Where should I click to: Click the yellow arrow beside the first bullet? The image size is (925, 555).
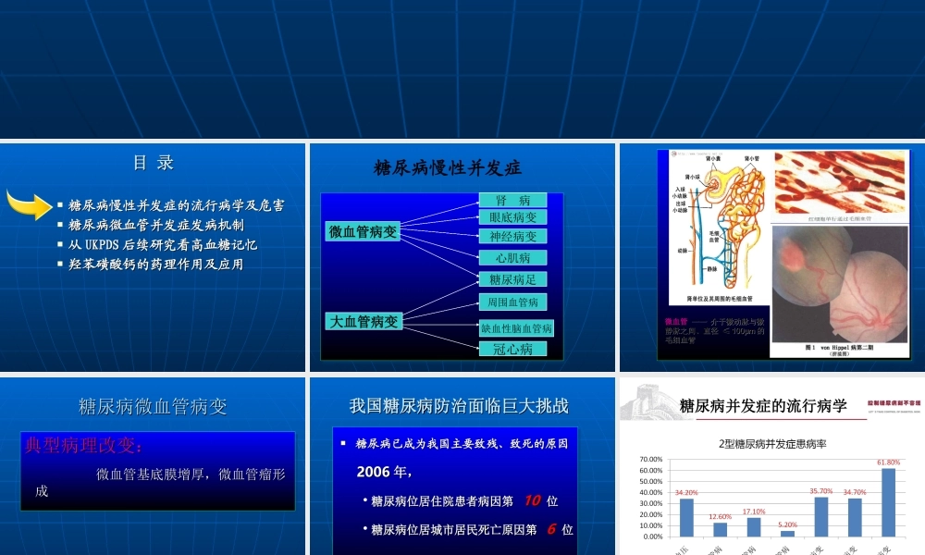pos(28,203)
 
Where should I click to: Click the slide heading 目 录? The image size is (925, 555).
pos(154,164)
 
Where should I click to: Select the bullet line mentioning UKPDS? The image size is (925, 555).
pos(162,244)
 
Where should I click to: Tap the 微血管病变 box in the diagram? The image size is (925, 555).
pos(364,232)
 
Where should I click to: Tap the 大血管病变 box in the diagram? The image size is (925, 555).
pos(364,322)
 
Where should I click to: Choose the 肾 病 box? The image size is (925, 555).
pos(512,201)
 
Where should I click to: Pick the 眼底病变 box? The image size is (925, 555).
pos(512,217)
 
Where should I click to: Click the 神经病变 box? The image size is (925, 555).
pos(512,237)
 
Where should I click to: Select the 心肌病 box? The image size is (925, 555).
pos(512,258)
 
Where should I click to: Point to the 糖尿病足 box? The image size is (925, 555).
pos(512,278)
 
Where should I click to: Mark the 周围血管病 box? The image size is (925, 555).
pos(512,302)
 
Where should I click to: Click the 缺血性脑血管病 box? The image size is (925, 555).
pos(517,328)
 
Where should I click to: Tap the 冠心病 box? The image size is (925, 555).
pos(512,350)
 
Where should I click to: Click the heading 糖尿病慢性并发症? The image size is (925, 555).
pos(448,167)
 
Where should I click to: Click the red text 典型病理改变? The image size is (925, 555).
pos(83,447)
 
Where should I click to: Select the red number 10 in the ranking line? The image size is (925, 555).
pos(532,500)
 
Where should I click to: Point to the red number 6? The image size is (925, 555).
pos(550,529)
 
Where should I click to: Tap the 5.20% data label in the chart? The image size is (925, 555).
pos(787,524)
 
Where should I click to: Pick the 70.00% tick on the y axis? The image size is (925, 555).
pos(650,459)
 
